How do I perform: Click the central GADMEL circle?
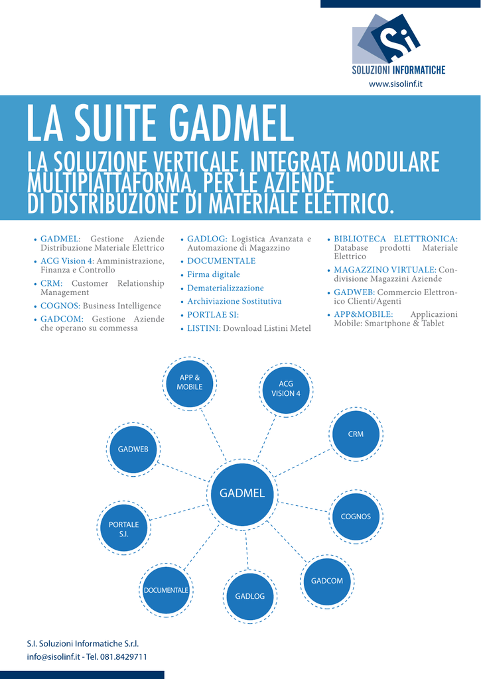click(x=242, y=493)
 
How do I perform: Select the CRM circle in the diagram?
click(x=356, y=434)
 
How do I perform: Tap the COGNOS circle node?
click(x=356, y=517)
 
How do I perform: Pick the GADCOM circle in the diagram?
click(x=327, y=582)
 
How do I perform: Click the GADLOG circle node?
click(x=249, y=596)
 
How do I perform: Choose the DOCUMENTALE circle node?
click(x=166, y=590)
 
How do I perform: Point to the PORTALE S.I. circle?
click(x=124, y=528)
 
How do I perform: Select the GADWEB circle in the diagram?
click(x=133, y=450)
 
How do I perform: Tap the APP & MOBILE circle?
click(x=190, y=383)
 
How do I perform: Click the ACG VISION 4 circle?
click(x=286, y=389)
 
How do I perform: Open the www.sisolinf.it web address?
click(x=396, y=84)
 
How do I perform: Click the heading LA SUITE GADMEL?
click(x=160, y=123)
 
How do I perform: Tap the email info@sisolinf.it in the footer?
click(x=53, y=656)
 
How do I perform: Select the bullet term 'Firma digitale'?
click(x=214, y=275)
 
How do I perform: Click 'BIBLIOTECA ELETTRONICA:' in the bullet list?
click(x=395, y=239)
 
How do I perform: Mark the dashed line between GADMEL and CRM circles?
click(x=302, y=463)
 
